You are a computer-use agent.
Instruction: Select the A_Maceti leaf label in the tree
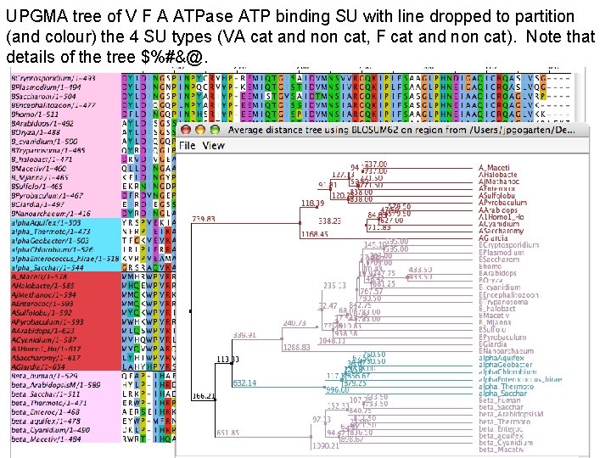495,167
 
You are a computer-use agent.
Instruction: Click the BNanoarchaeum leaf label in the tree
507,350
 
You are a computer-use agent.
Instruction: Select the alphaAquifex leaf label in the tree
503,359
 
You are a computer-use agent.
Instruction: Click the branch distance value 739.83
205,219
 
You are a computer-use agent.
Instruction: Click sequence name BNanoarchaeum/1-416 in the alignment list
52,214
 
